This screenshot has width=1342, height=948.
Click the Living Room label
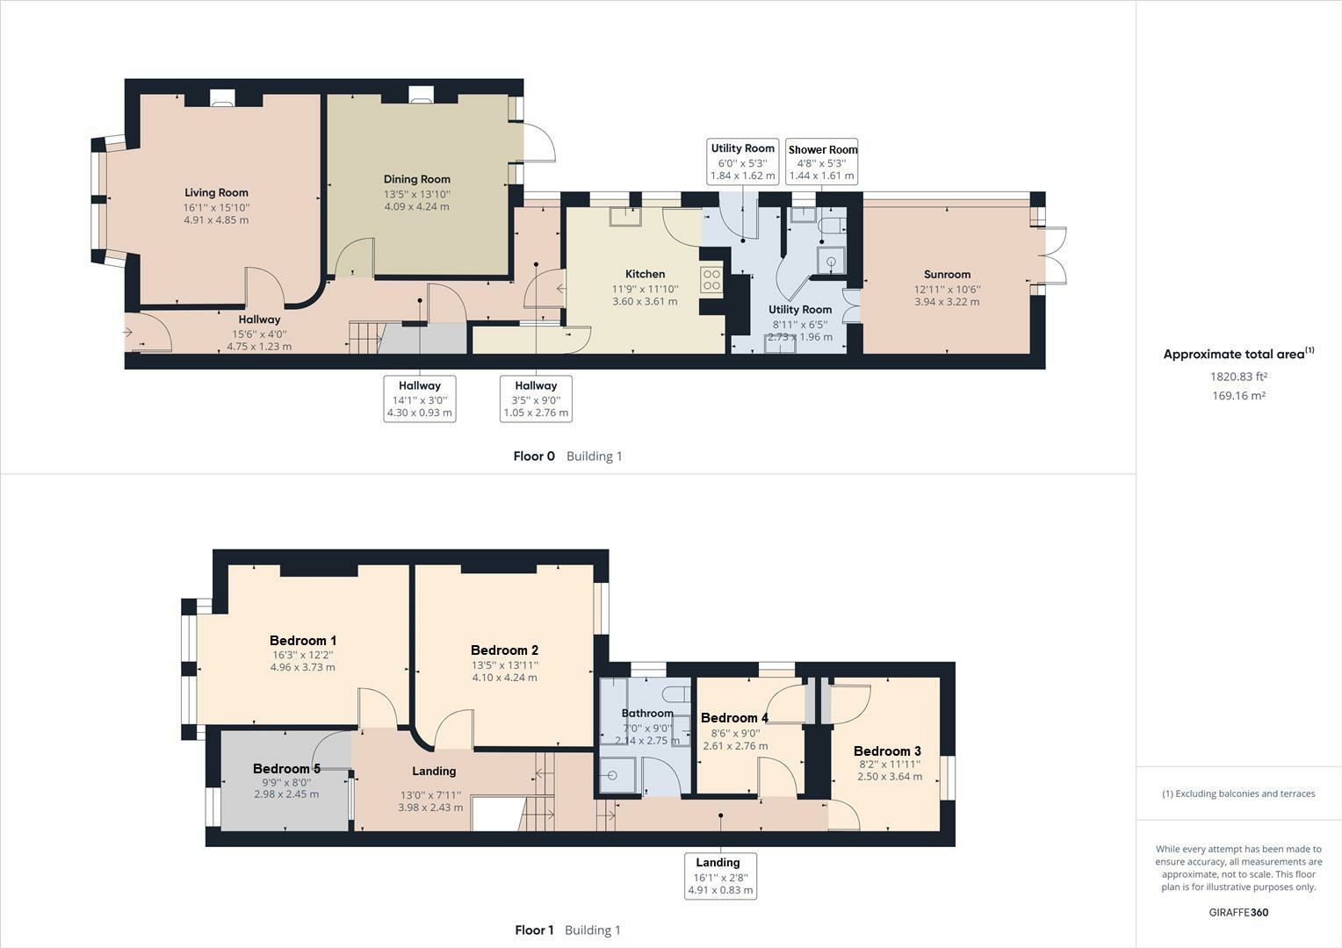click(216, 193)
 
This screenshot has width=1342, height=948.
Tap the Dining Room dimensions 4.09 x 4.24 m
click(416, 207)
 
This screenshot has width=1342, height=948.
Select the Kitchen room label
click(645, 274)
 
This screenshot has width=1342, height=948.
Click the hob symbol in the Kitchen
click(711, 280)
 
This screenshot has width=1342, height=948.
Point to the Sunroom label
click(947, 274)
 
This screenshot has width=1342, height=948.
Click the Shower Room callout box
click(822, 162)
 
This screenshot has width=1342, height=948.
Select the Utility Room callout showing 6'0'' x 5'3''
click(742, 162)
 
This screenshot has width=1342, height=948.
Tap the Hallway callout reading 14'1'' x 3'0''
click(420, 399)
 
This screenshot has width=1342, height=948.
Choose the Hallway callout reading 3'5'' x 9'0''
click(536, 399)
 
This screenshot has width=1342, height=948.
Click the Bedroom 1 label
click(302, 641)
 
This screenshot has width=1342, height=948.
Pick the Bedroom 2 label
click(504, 650)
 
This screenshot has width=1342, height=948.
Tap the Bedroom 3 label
click(887, 751)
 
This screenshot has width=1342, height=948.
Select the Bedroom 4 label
click(734, 718)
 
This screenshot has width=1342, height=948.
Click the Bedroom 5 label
click(286, 769)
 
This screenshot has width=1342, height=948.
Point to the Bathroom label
click(647, 714)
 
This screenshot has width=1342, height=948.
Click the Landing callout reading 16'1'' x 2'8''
click(720, 876)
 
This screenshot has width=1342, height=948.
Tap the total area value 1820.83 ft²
click(1238, 377)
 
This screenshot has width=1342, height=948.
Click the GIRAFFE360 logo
click(1238, 912)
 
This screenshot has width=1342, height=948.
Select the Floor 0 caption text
click(534, 456)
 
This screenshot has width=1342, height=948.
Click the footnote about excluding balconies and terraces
click(1238, 794)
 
